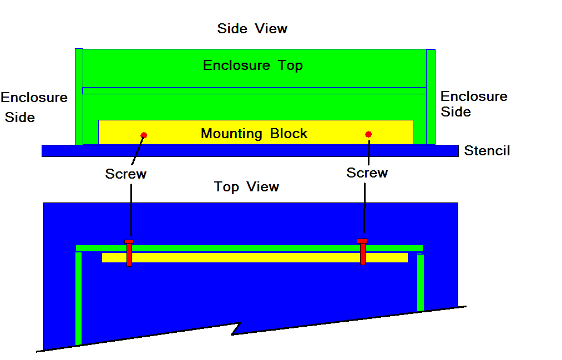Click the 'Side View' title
coord(252,28)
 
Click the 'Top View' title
coord(247,187)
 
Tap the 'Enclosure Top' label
coord(253,65)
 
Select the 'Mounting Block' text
coord(254,134)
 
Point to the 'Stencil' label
coord(487,151)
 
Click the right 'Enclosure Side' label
coord(474,104)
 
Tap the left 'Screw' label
coord(126,174)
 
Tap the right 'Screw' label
coord(367,173)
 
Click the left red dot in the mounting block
coord(144,135)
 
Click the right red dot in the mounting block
coord(368,134)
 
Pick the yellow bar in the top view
coord(255,258)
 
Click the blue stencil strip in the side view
coord(250,150)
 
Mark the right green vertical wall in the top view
coord(421,282)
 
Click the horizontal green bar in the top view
coord(250,248)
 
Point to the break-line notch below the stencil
coord(237,329)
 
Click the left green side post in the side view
coord(79,97)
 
